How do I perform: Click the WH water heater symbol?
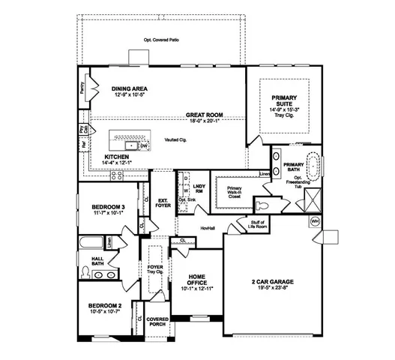(x=314, y=221)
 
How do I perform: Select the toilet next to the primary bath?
(x=262, y=204)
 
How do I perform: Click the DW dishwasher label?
(x=154, y=146)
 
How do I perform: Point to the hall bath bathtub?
(x=91, y=244)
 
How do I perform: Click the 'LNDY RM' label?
(x=199, y=187)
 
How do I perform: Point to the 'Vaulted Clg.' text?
(x=178, y=140)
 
